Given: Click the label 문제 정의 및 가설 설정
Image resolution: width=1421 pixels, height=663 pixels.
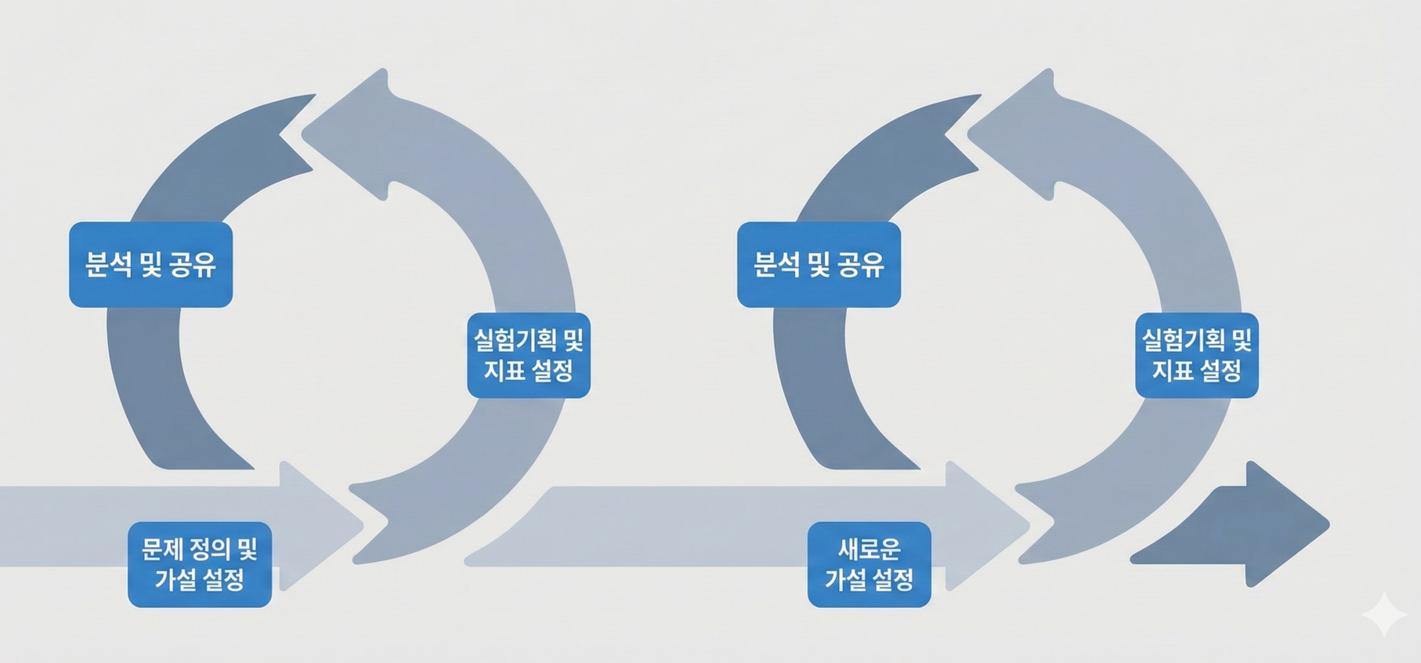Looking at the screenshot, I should point(200,564).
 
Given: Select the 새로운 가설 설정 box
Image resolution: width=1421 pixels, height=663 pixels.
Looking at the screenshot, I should point(869,564).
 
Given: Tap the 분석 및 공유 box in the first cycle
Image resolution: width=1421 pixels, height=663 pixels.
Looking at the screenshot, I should point(150,265).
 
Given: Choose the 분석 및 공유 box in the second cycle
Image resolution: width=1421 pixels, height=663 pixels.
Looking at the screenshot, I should point(819,265).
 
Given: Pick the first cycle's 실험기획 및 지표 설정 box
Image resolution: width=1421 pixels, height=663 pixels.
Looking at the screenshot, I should point(529,355).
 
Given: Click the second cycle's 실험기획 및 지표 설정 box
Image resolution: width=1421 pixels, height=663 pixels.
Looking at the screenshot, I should point(1197,355).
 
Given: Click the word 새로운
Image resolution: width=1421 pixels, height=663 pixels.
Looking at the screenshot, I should point(869,549).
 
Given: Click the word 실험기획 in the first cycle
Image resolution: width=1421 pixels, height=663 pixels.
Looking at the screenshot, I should point(515,340).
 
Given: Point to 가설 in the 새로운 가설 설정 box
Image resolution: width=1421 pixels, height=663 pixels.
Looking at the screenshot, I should point(845,580).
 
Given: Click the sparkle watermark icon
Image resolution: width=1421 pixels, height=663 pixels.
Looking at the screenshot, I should point(1383,615).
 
